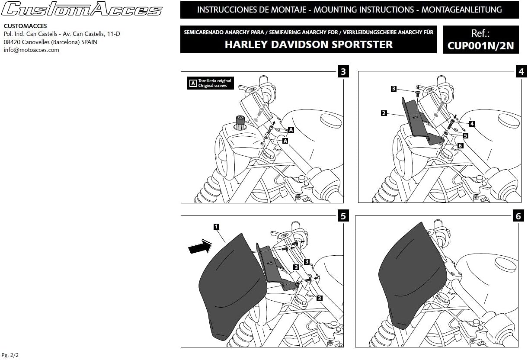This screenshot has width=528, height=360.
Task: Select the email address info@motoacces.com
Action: (31, 50)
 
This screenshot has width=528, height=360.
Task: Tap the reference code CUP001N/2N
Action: (480, 45)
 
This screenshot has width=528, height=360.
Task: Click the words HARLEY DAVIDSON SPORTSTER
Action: (308, 44)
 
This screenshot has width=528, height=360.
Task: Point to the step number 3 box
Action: (343, 71)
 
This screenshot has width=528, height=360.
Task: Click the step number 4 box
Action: (521, 71)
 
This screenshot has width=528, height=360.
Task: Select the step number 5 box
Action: (343, 216)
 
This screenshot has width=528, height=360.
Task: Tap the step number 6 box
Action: (518, 216)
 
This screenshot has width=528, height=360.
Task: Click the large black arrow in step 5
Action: (199, 247)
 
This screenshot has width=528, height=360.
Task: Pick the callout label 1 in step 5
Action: (216, 226)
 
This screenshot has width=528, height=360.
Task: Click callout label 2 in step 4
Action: (384, 113)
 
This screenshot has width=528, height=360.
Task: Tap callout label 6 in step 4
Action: (460, 145)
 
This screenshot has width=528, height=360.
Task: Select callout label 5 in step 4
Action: (465, 135)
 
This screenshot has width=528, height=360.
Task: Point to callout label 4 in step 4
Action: (472, 123)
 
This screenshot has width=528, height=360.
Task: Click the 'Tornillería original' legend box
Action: (210, 83)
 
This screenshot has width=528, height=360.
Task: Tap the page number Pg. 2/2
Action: (10, 355)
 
